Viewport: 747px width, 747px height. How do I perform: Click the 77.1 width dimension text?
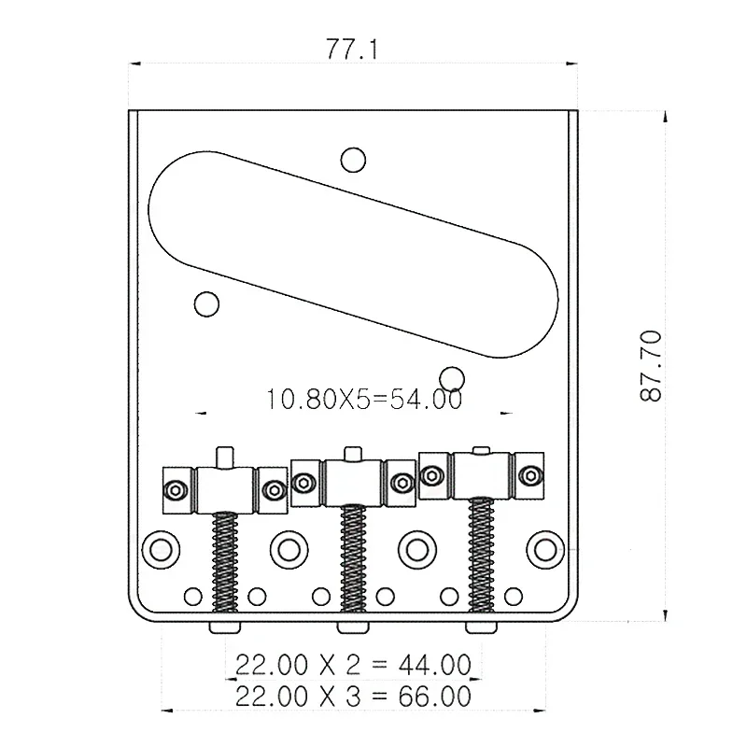[x=350, y=49]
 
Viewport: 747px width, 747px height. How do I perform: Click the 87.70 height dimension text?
[x=651, y=365]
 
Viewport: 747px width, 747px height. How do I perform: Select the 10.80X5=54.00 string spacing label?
[x=364, y=400]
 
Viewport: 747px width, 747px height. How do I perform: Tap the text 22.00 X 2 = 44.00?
[x=352, y=665]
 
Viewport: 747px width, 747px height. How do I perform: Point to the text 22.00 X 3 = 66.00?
[x=352, y=696]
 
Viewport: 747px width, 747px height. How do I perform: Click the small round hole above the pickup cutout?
[x=352, y=160]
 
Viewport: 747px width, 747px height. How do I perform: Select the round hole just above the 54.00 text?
[x=452, y=376]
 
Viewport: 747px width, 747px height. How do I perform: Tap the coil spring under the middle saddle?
[x=352, y=558]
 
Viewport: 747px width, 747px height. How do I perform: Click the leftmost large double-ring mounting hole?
[x=161, y=548]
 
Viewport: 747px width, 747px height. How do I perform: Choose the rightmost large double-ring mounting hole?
[x=543, y=548]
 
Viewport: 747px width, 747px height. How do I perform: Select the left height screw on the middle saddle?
[x=303, y=483]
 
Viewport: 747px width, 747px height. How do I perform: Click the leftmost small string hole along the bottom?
[x=193, y=595]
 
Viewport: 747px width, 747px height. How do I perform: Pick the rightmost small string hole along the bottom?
[x=513, y=595]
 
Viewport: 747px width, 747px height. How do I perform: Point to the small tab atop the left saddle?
[x=225, y=457]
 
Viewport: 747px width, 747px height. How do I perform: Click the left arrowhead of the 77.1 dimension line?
[x=134, y=63]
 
